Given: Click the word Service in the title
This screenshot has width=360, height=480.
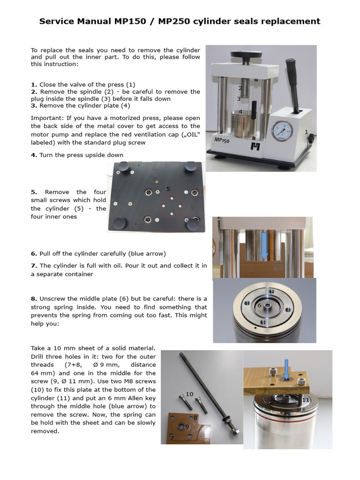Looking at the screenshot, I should [57, 21].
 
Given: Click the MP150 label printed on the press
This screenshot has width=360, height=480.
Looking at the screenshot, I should [222, 140].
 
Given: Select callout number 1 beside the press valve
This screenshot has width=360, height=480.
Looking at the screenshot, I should [306, 132].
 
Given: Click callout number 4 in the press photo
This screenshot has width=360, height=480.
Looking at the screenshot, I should [240, 112].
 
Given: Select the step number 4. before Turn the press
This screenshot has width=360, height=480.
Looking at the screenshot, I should [34, 155].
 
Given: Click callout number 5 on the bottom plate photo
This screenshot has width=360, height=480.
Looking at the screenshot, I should [167, 189].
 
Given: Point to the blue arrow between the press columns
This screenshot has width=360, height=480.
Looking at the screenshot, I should [264, 246].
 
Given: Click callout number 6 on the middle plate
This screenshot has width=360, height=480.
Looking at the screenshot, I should [259, 305].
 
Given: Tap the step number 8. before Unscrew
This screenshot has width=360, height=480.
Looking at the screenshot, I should [34, 299].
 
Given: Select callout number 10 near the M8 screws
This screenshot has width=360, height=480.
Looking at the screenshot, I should [189, 394].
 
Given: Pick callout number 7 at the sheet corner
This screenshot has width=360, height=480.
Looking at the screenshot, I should [172, 438].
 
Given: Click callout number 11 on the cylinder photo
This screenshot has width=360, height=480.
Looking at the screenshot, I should [306, 400].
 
